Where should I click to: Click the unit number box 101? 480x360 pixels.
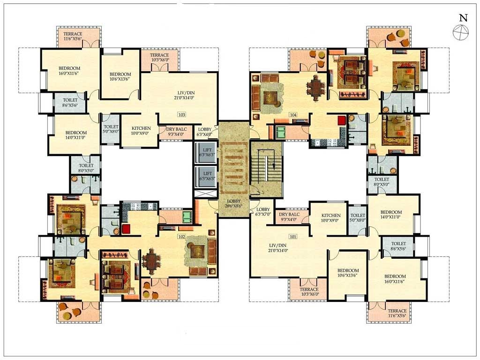[x=293, y=236]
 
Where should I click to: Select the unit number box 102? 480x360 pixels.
[x=181, y=236]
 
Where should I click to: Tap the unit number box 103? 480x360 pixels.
[x=181, y=114]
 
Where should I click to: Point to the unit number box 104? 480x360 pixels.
[x=293, y=114]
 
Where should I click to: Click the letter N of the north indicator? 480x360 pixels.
[x=463, y=18]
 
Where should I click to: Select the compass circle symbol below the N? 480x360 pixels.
[x=459, y=31]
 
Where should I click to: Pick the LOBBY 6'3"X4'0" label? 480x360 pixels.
[x=205, y=132]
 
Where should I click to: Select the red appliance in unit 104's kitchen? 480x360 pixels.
[x=341, y=120]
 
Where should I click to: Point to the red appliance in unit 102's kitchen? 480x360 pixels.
[x=126, y=229]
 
